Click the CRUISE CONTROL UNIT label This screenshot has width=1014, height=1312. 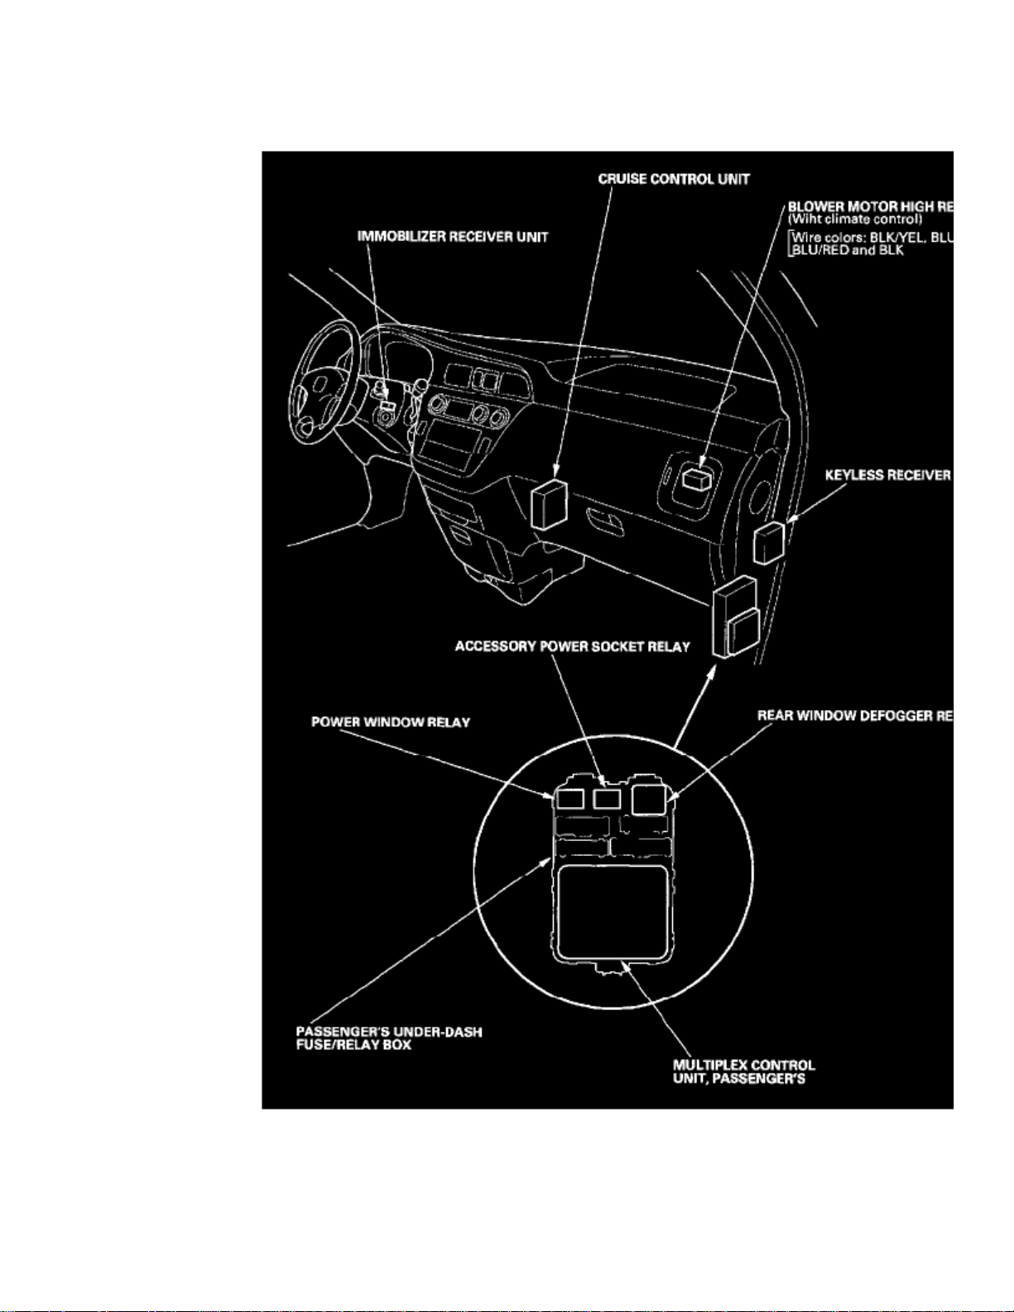(x=674, y=179)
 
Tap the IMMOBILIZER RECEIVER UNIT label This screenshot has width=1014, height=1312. (x=452, y=237)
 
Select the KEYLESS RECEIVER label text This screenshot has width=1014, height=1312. (x=887, y=475)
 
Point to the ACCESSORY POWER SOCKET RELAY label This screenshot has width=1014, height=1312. (x=572, y=646)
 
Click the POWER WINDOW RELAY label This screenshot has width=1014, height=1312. (x=390, y=723)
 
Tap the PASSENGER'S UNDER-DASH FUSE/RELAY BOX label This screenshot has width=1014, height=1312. (x=388, y=1038)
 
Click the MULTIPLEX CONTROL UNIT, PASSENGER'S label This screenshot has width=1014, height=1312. (x=742, y=1072)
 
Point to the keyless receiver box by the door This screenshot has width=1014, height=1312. (x=769, y=542)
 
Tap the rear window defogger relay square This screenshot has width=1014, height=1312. (x=648, y=799)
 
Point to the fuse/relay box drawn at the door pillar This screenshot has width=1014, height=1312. (x=735, y=617)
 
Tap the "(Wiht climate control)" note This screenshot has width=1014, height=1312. (x=854, y=219)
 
